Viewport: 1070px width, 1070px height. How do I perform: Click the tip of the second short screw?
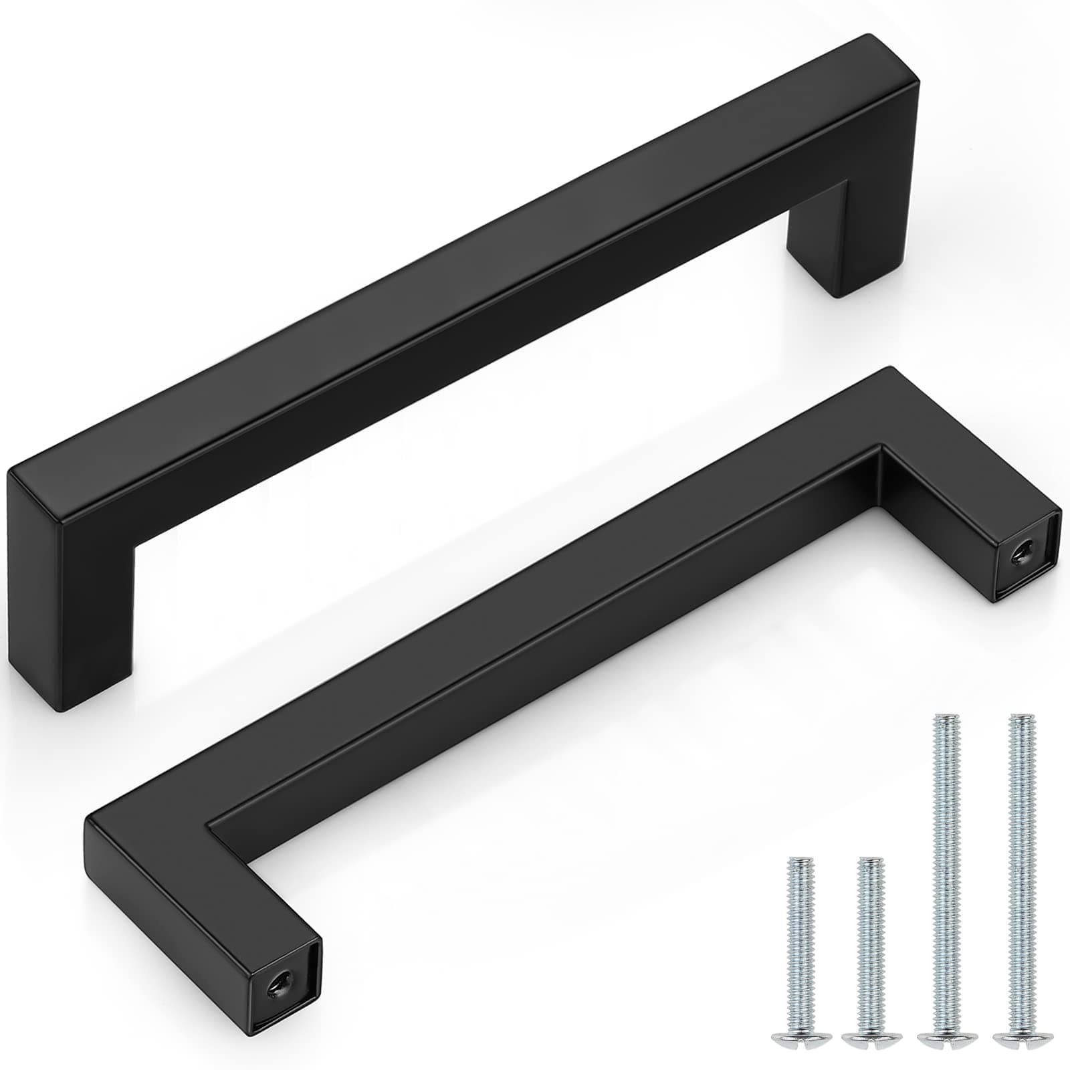pyautogui.click(x=868, y=861)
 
